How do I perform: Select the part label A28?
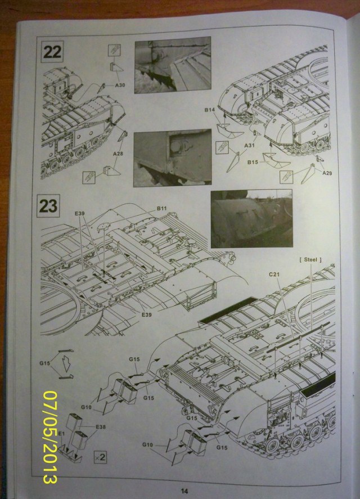click(x=118, y=154)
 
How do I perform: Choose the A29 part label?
click(x=327, y=172)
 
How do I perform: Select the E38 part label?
click(x=101, y=426)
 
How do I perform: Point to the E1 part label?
click(x=61, y=434)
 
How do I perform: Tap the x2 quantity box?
click(x=100, y=456)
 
